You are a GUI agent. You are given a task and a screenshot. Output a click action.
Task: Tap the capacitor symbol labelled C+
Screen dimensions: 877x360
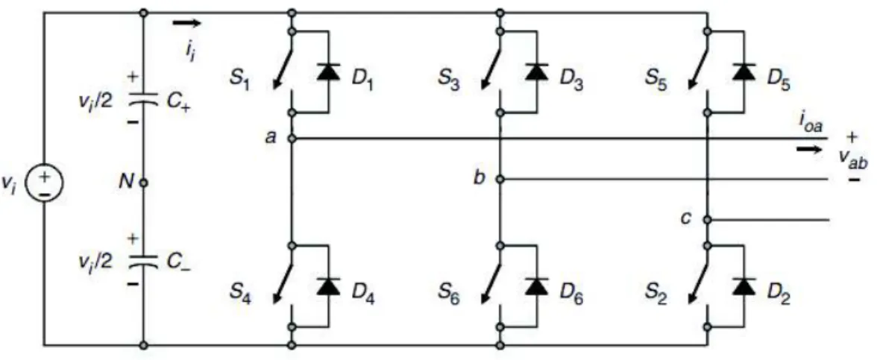click(144, 101)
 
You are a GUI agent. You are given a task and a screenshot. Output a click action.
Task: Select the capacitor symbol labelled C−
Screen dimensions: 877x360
click(144, 262)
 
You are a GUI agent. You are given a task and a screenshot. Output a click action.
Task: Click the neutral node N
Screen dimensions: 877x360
click(144, 183)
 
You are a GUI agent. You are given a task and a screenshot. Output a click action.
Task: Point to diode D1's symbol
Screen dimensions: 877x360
click(328, 72)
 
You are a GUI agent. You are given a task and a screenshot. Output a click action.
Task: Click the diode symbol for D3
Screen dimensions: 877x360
click(536, 72)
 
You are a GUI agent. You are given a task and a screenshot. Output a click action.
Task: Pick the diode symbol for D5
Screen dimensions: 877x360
click(744, 72)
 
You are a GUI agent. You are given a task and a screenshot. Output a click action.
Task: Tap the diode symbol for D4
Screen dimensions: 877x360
click(328, 286)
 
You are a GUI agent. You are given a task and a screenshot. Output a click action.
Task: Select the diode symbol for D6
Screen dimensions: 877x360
click(536, 286)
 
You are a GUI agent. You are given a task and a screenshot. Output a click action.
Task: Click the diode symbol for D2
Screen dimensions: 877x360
click(744, 286)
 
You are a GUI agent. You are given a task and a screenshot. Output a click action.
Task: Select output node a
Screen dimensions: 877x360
click(292, 138)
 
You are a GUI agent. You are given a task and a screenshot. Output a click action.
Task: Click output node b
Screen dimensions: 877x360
click(500, 180)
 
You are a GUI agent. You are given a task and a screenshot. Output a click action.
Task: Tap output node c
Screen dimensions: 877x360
click(708, 220)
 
